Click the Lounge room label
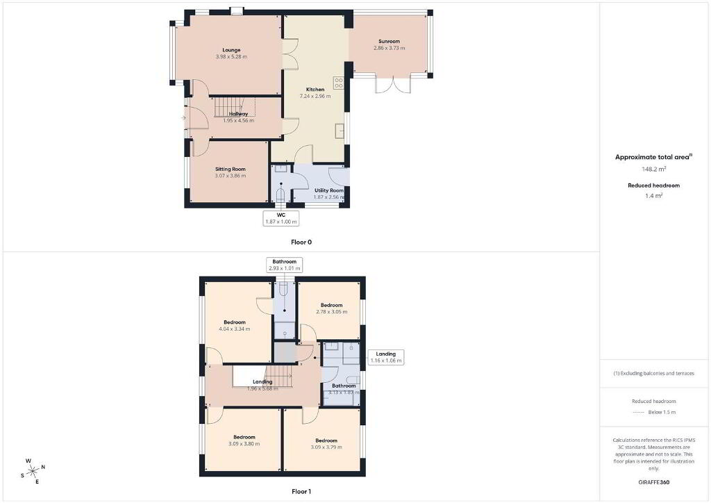231,50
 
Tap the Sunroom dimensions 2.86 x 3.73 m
389,48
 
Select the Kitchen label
315,90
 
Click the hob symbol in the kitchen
339,83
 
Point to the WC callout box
281,218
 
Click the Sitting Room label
231,170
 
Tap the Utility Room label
329,190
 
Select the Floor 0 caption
301,242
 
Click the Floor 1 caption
301,491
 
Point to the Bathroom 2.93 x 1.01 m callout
284,265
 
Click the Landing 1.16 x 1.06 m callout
386,357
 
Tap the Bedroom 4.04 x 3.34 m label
235,326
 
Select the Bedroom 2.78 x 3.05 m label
331,308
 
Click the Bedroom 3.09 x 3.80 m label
244,440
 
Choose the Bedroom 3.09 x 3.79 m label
326,443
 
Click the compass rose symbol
33,472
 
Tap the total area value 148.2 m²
654,170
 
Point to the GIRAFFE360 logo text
654,482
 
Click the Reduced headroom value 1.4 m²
654,196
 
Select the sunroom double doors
393,85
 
